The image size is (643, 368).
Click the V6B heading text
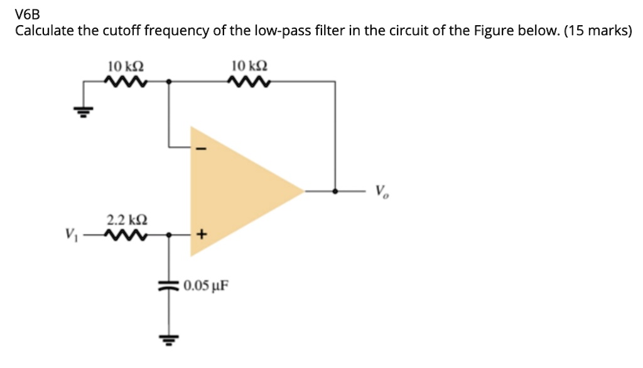point(28,13)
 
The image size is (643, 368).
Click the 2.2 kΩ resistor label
point(127,220)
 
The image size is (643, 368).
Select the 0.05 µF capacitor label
point(206,286)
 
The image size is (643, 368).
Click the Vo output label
point(383,191)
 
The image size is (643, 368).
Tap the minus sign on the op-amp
point(202,149)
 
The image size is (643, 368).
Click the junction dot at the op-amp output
point(335,190)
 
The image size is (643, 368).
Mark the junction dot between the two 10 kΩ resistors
point(168,82)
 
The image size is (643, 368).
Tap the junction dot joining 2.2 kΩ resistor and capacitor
point(168,235)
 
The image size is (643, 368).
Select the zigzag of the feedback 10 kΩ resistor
point(251,82)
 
